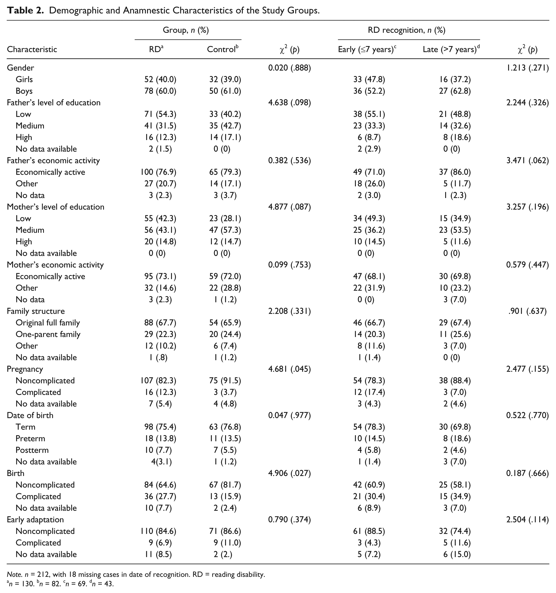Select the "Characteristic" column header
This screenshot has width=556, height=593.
[32, 49]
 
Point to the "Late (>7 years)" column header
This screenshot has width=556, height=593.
[451, 49]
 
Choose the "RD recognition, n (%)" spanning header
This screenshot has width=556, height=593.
[407, 30]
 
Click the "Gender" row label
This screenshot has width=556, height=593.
[21, 68]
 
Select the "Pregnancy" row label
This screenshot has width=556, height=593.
[25, 369]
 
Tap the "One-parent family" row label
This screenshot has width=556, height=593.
[48, 334]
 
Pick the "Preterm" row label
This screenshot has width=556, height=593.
[30, 438]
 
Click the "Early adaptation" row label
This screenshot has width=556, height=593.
[35, 520]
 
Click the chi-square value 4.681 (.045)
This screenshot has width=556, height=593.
[290, 369]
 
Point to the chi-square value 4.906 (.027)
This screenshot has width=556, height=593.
[290, 473]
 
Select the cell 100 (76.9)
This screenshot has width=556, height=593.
[158, 172]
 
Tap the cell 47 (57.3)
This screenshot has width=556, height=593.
[225, 230]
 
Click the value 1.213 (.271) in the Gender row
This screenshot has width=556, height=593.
[527, 68]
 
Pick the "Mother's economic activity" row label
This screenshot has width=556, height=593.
[56, 265]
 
